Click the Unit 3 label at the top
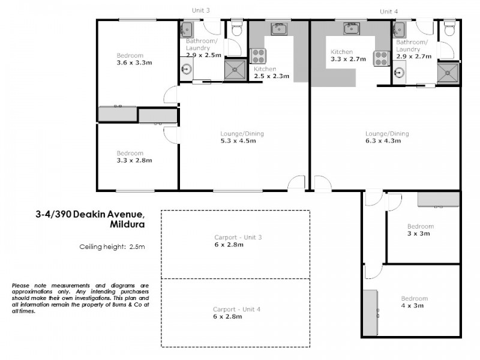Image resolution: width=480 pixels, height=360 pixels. click(x=201, y=11)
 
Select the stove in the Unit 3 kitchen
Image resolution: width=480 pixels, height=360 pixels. click(x=259, y=56)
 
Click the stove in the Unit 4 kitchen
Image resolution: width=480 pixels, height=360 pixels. click(x=381, y=58)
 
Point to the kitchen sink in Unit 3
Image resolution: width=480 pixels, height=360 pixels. click(x=279, y=28)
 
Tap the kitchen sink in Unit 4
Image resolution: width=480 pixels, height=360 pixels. click(x=351, y=28)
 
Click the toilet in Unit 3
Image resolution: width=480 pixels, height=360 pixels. click(x=237, y=28)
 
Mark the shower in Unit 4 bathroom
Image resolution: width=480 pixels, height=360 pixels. click(x=447, y=72)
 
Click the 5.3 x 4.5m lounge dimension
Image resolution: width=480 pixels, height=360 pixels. click(x=238, y=142)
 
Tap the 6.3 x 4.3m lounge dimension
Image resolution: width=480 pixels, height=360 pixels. click(x=387, y=142)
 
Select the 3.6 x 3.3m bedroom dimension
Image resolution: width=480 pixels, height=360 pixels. click(x=134, y=63)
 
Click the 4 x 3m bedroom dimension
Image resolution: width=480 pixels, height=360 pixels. click(x=413, y=306)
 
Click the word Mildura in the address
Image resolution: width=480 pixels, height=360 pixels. click(x=127, y=224)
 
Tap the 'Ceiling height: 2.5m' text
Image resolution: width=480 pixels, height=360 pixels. click(x=112, y=246)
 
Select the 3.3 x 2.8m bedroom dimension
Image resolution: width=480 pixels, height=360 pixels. click(x=134, y=160)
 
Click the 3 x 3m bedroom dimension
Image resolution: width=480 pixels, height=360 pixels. click(x=419, y=234)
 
